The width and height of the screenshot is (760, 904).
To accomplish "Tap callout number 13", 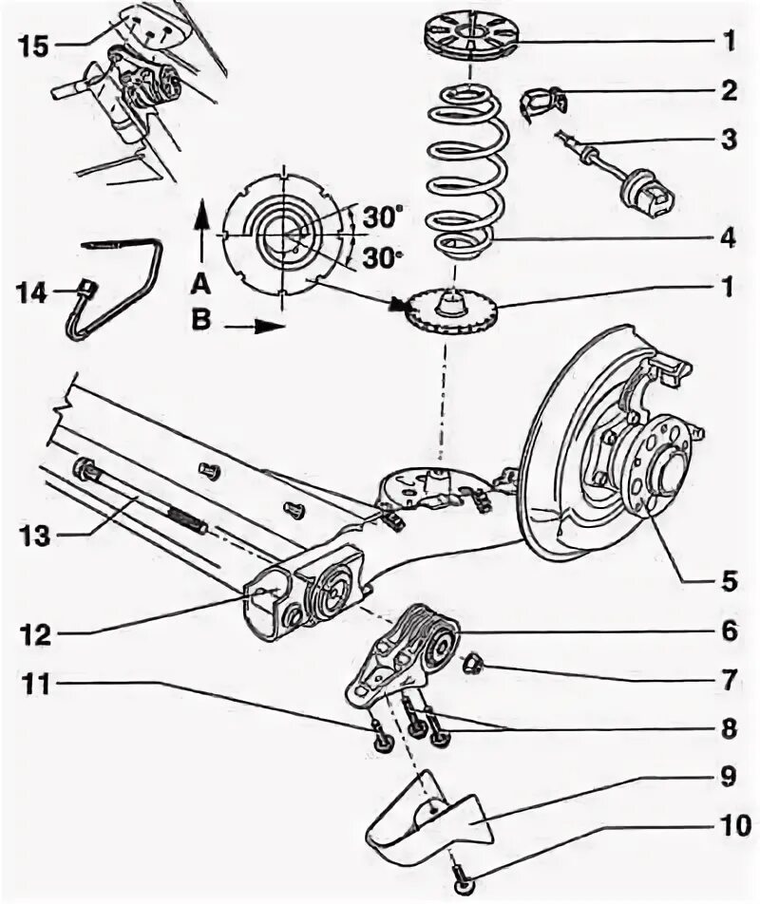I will pos(32,535).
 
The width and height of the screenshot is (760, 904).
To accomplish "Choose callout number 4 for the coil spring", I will pos(727,238).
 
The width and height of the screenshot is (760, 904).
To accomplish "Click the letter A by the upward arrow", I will pos(199,282).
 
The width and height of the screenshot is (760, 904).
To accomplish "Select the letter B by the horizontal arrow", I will pos(199,322).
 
